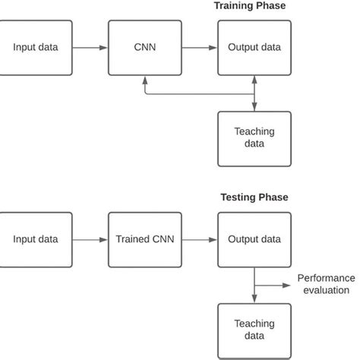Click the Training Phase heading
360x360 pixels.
[x=250, y=6]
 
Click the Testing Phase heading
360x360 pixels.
[x=254, y=197]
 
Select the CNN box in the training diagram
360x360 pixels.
[x=145, y=48]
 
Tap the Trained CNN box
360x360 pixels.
[x=145, y=239]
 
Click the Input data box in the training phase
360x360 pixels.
[x=36, y=48]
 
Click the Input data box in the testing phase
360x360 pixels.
[x=36, y=239]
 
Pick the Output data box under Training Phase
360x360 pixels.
[x=254, y=48]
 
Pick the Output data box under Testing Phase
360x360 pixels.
[x=254, y=239]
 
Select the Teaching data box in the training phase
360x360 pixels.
[x=254, y=138]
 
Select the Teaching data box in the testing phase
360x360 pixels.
[x=254, y=330]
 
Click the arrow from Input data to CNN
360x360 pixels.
[x=90, y=48]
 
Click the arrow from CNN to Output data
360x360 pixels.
[x=200, y=48]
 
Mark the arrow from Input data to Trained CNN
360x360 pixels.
[x=90, y=240]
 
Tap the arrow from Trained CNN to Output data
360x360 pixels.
[x=200, y=240]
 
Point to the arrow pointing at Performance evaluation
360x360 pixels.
[x=273, y=286]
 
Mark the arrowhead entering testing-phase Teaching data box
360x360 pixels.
[x=254, y=299]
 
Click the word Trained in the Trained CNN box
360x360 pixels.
[x=133, y=239]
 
